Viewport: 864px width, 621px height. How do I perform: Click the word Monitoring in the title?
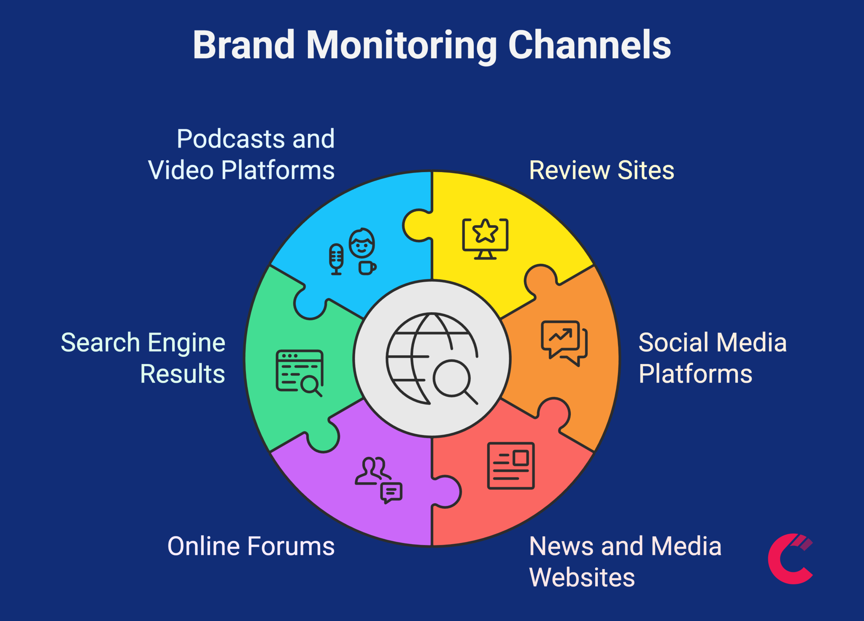coord(401,46)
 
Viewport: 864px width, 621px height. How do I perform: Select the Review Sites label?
coord(601,170)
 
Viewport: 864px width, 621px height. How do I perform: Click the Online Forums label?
coord(251,546)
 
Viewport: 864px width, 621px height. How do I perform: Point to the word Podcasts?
coord(231,139)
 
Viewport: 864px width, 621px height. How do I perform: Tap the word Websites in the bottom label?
coord(582,577)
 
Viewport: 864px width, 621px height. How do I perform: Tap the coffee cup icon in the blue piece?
coord(367,268)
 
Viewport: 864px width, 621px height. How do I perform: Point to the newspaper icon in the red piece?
coord(510,466)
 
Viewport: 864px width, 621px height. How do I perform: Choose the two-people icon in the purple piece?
coord(372,470)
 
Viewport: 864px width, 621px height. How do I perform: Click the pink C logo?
coord(790,559)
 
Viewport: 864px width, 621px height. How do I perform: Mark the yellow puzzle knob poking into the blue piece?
coord(416,225)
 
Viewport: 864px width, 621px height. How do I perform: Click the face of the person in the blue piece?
coord(362,244)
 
